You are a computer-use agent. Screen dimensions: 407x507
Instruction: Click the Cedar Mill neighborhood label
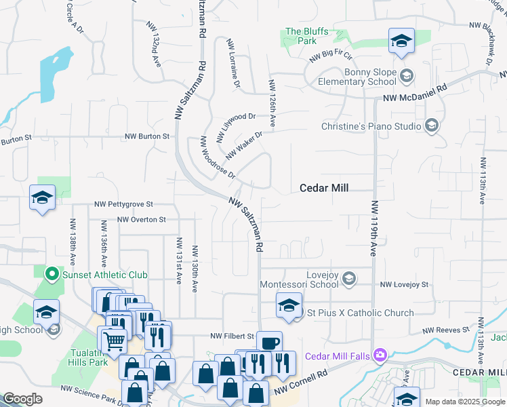[324, 188]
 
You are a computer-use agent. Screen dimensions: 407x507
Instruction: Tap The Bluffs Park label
[301, 36]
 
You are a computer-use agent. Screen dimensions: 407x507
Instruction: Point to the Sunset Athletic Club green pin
[49, 275]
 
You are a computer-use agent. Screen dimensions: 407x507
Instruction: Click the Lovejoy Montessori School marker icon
[348, 278]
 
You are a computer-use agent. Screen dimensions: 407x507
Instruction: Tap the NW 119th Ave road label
[373, 228]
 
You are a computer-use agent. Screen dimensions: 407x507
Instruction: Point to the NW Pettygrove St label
[124, 203]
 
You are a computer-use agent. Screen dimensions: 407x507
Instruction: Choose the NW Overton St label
[141, 220]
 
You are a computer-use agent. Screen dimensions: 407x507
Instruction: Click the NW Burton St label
[146, 136]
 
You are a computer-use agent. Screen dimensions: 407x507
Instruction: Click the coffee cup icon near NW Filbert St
[269, 341]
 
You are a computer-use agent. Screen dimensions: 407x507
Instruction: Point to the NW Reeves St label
[446, 330]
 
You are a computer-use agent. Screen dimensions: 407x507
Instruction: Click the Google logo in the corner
[22, 399]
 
